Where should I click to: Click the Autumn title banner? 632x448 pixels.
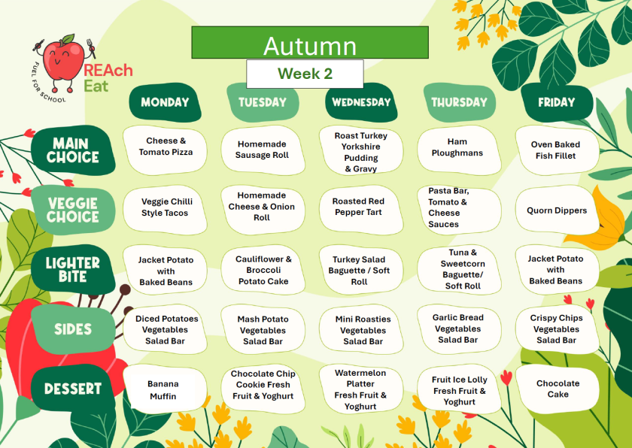[310, 43]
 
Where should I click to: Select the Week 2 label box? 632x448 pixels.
[305, 74]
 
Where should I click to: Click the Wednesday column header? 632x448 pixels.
[361, 102]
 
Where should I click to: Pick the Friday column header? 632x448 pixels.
[557, 103]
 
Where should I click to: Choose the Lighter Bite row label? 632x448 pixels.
[73, 269]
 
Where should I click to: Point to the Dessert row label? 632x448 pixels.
[73, 389]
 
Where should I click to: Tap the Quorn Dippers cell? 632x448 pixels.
[557, 210]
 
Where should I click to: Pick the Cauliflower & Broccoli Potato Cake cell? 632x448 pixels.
[263, 270]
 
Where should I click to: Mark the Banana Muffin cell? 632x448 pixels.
[165, 389]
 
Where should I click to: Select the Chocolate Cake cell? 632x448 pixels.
[558, 389]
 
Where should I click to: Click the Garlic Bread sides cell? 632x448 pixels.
[459, 329]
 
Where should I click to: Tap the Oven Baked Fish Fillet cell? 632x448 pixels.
[557, 150]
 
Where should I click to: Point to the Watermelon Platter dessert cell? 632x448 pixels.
[361, 389]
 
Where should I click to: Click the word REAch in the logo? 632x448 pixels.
[108, 71]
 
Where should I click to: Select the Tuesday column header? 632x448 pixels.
[263, 103]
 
